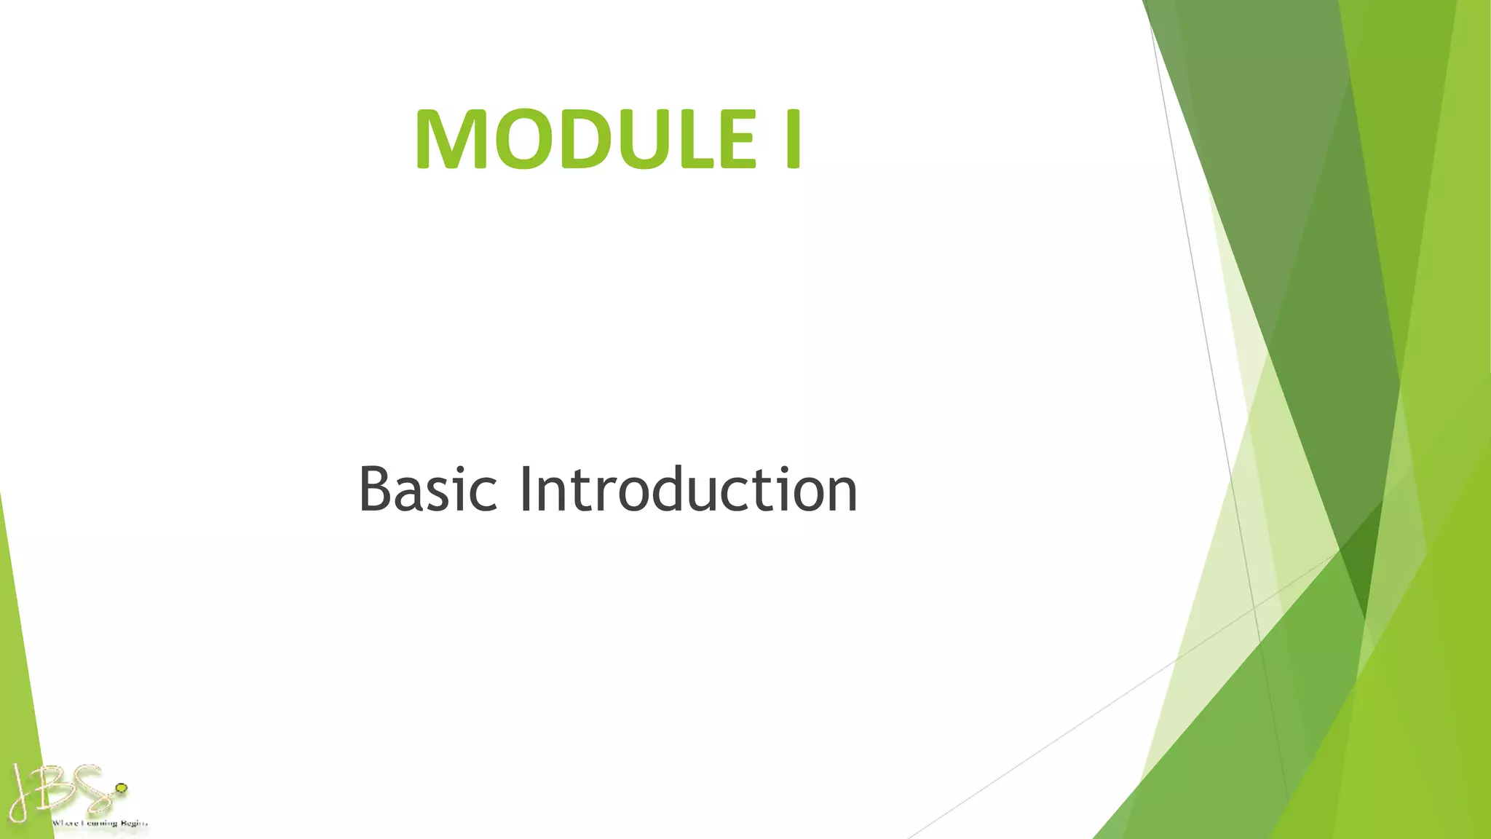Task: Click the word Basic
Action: [x=427, y=489]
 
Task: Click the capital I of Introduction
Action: [x=524, y=489]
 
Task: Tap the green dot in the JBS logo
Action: [x=122, y=788]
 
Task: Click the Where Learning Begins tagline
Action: [x=100, y=823]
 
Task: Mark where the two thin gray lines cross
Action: [x=1254, y=608]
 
